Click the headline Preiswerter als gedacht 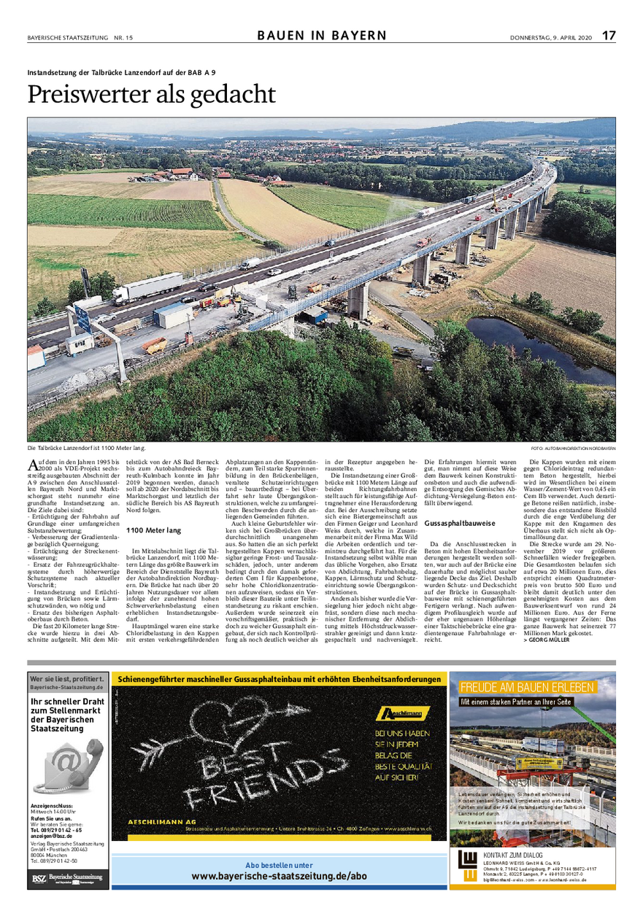coord(152,95)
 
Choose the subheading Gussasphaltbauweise coord(461,523)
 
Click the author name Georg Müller coord(550,648)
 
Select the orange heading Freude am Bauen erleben coord(526,687)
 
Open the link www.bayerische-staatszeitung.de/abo coord(279,876)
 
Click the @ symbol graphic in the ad coord(66,763)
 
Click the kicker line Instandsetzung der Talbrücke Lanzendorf coord(121,71)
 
